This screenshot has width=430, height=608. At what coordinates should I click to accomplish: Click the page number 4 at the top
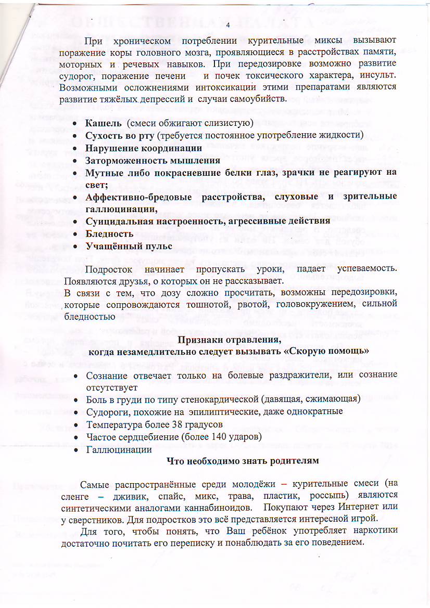coord(228,25)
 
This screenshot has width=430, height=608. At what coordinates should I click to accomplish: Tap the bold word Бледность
coord(109,234)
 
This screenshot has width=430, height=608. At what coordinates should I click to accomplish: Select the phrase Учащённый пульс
coord(122,245)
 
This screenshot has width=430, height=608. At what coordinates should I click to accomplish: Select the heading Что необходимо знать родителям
coord(242,461)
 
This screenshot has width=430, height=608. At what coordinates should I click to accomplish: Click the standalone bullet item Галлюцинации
coord(119,449)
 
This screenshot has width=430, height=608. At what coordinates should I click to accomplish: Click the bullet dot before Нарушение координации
coord(76,148)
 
